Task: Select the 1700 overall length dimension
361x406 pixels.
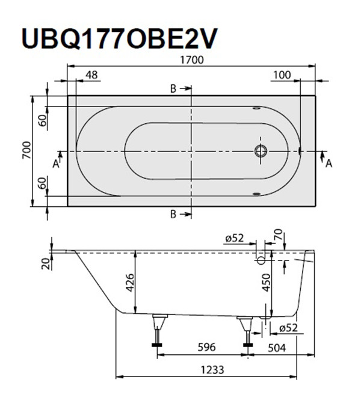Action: (191, 60)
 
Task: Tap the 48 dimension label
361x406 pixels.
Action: (91, 75)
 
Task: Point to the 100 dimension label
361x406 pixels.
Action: (280, 75)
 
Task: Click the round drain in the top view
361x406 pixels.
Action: (261, 150)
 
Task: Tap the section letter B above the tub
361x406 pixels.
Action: (173, 89)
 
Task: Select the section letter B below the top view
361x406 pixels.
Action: (173, 214)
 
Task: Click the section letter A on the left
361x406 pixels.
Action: (55, 163)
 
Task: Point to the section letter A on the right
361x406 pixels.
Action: (329, 163)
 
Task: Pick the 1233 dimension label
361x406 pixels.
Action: (212, 369)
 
